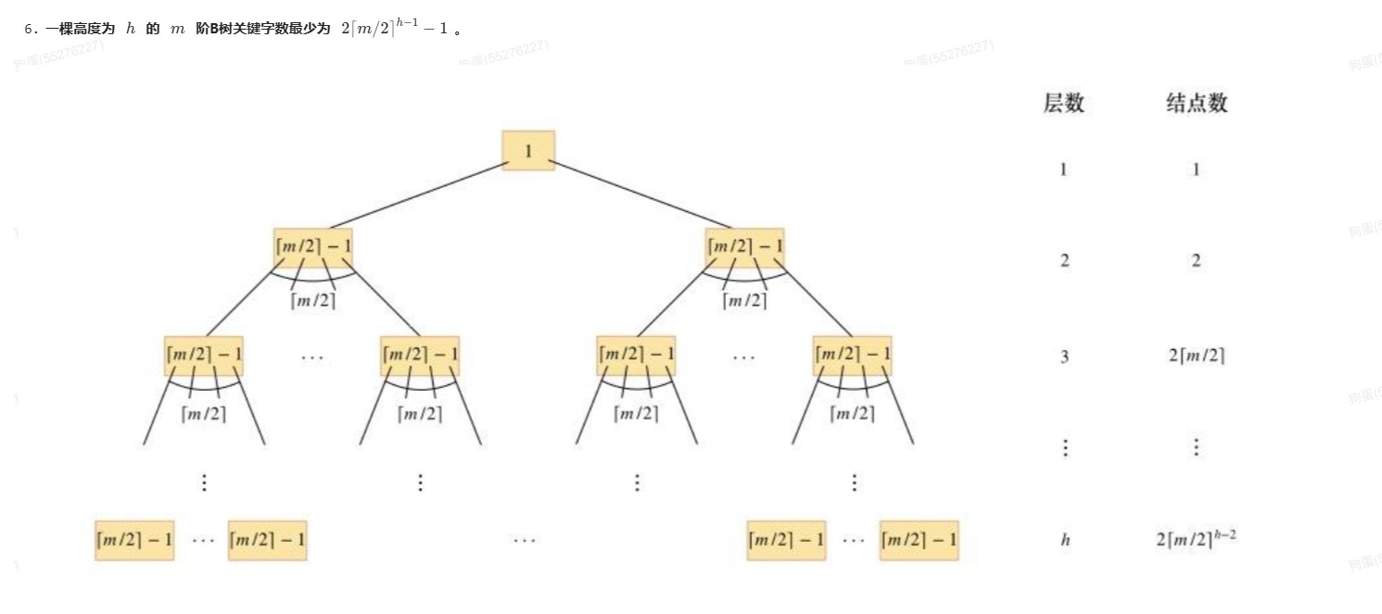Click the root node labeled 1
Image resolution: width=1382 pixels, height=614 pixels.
click(528, 150)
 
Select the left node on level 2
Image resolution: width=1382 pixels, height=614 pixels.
click(313, 247)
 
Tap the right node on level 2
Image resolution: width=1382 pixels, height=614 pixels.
click(744, 247)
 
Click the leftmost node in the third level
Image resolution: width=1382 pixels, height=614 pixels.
click(204, 356)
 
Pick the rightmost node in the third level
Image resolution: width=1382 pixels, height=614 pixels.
click(853, 356)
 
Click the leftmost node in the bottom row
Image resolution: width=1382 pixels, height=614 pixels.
click(134, 540)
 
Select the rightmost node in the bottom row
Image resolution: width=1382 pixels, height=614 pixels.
click(919, 540)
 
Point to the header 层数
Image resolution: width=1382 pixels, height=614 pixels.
click(1063, 103)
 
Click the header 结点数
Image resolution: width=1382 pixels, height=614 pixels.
click(1197, 103)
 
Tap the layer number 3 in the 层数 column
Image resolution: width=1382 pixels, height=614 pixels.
click(1064, 357)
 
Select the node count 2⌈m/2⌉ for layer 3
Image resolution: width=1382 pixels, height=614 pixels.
click(1197, 356)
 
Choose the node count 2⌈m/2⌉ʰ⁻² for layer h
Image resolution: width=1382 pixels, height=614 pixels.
click(1196, 538)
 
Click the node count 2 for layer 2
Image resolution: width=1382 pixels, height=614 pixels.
click(1196, 261)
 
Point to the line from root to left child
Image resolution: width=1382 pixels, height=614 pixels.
click(417, 195)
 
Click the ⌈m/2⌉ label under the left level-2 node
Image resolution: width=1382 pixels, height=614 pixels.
click(313, 301)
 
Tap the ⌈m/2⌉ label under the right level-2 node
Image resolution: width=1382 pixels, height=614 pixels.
click(745, 301)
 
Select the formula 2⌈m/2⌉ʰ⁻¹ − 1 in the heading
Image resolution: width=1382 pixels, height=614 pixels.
click(394, 28)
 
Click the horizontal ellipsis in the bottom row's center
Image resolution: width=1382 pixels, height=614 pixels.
click(525, 540)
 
